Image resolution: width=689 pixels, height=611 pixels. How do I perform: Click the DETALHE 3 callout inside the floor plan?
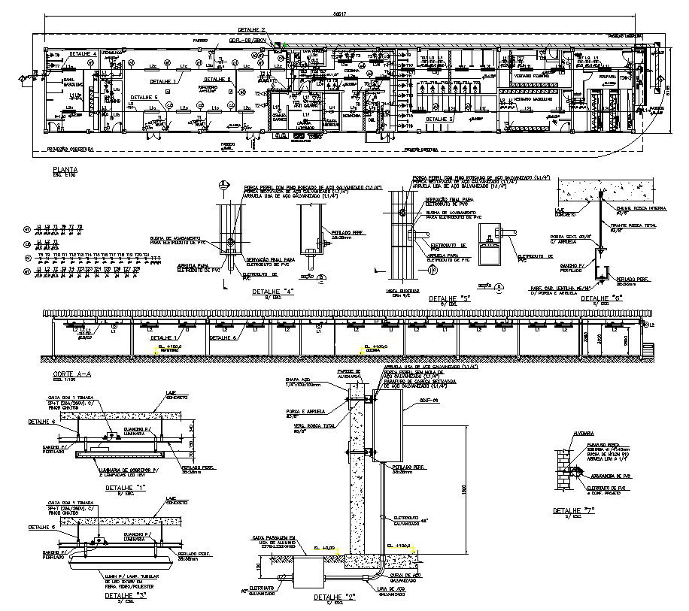(x=442, y=119)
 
